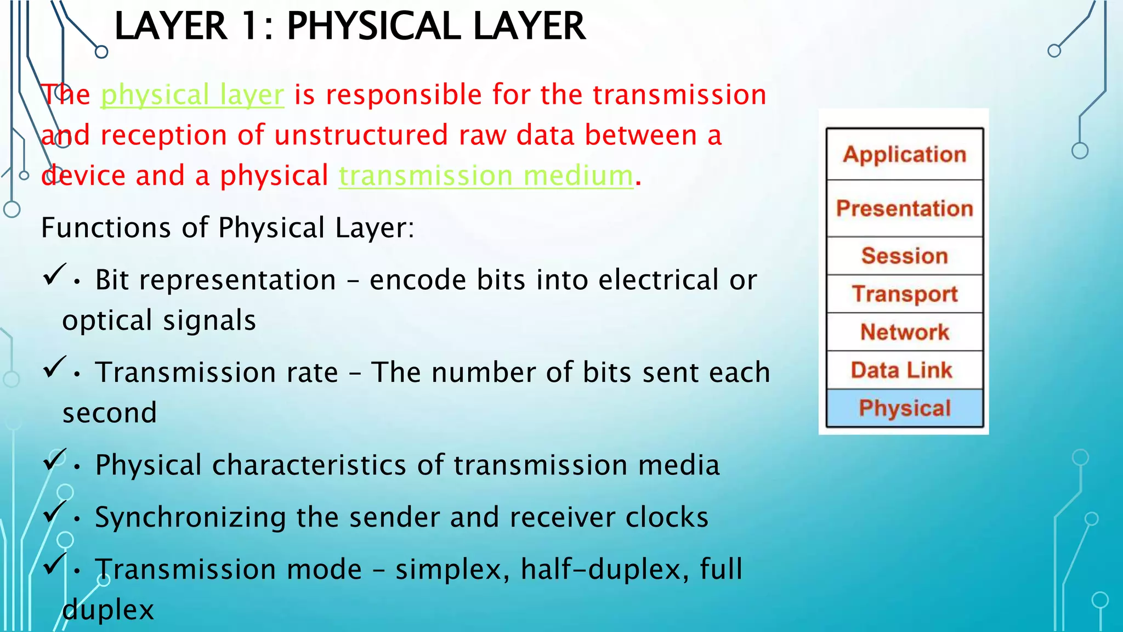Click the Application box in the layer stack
pyautogui.click(x=904, y=154)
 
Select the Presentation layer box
pyautogui.click(x=904, y=208)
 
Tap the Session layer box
pyautogui.click(x=904, y=256)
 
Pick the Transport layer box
pyautogui.click(x=904, y=294)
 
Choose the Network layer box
pyautogui.click(x=904, y=332)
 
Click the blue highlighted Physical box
pyautogui.click(x=904, y=408)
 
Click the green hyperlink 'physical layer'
pyautogui.click(x=192, y=95)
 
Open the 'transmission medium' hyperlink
pyautogui.click(x=486, y=176)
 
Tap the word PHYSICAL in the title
pyautogui.click(x=373, y=26)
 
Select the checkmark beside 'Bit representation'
pyautogui.click(x=54, y=274)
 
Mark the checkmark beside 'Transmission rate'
pyautogui.click(x=54, y=366)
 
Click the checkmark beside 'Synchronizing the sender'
pyautogui.click(x=54, y=511)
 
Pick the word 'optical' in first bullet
pyautogui.click(x=107, y=320)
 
